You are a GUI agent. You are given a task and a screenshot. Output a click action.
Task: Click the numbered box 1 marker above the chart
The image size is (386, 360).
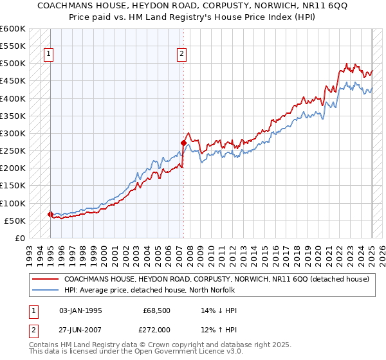coord(49,55)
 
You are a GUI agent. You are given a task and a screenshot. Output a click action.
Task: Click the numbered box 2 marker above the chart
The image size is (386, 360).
coord(183,55)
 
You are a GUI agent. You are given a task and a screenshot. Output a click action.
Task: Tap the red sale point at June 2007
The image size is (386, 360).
coord(183,143)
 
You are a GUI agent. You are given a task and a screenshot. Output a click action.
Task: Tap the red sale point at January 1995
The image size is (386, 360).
coord(51,214)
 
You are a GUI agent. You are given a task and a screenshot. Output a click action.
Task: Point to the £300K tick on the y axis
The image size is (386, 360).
coord(13,133)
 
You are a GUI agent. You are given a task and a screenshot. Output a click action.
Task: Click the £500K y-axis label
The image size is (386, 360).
coord(13,64)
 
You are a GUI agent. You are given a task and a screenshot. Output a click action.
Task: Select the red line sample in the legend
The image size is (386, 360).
coord(45,279)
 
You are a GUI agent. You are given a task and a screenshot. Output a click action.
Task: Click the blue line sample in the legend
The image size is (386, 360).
coord(45,289)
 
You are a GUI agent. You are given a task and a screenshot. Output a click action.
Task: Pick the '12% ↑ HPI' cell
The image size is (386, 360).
coord(219,330)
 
